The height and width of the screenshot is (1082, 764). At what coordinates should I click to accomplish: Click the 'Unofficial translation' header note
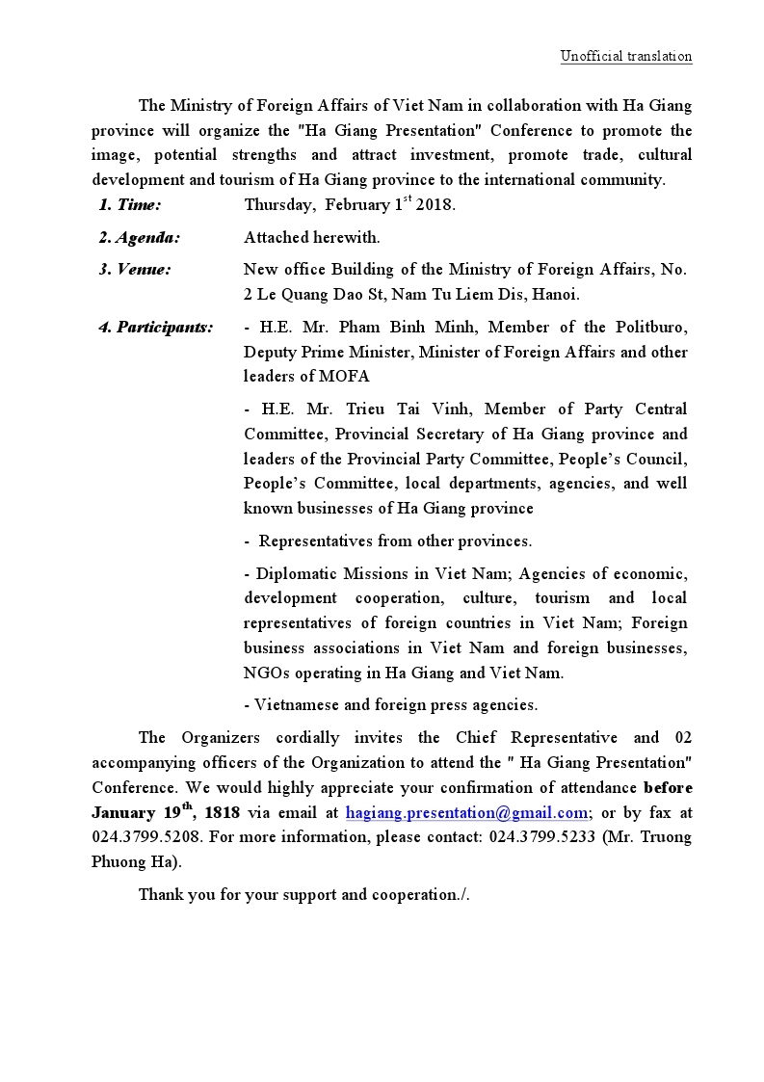click(626, 56)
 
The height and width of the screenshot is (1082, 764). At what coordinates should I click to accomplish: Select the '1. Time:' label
click(129, 204)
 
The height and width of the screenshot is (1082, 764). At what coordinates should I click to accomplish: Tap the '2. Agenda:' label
click(139, 237)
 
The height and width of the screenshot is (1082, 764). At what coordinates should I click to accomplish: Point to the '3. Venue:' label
click(135, 270)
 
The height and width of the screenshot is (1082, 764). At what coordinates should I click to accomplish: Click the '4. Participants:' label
click(156, 328)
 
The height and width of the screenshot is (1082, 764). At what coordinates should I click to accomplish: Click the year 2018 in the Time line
click(435, 205)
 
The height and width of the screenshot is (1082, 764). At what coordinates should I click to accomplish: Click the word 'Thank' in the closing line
click(160, 894)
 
